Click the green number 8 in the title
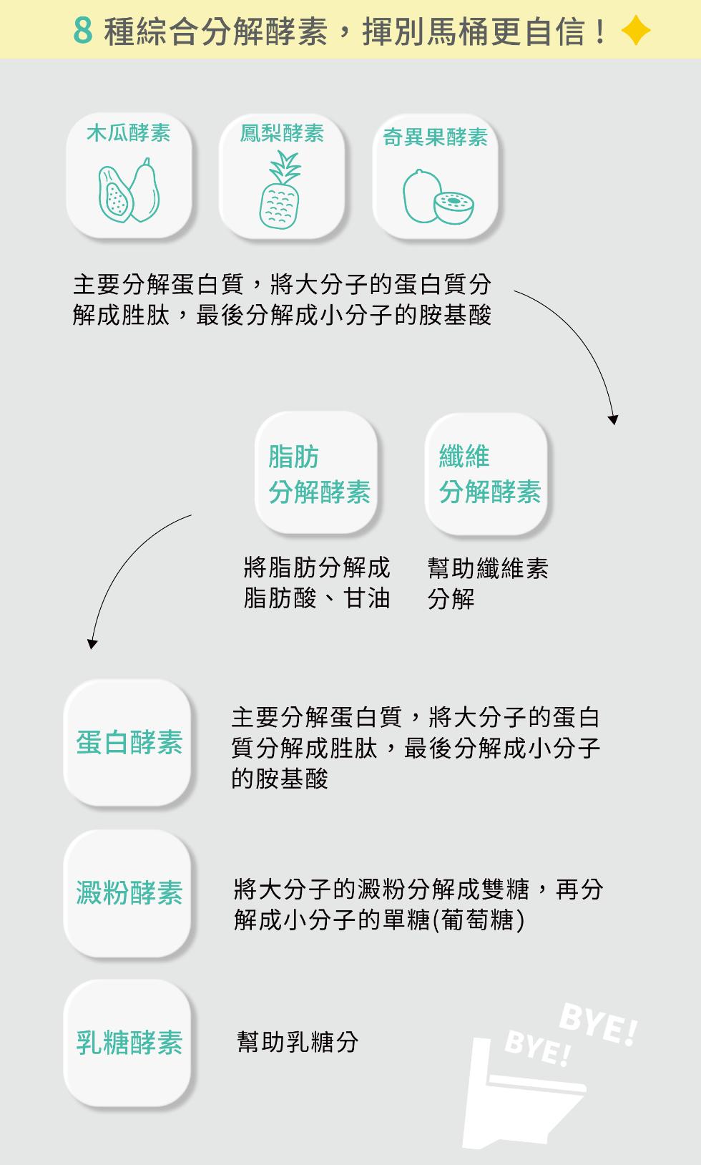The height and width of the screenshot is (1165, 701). pos(83,29)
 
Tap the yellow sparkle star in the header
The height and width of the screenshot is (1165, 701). pos(635,30)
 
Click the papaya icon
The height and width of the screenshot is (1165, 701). pos(129,190)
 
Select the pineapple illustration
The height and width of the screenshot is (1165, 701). pos(280,190)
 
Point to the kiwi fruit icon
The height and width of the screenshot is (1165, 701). pos(438,197)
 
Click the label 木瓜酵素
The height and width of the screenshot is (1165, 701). pos(129,132)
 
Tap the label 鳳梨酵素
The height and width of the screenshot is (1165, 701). pos(282,132)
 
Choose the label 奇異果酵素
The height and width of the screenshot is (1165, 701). pos(436,137)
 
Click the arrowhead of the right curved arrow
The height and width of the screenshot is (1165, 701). pos(614,419)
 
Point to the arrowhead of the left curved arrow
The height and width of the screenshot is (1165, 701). pos(92,644)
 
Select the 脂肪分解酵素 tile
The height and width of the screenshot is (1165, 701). pos(316,473)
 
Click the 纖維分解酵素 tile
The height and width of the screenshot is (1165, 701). pos(486,474)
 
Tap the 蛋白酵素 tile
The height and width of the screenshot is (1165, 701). pos(127,743)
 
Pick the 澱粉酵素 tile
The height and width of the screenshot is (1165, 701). pos(127,894)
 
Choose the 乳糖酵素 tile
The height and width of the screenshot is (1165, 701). pos(127,1043)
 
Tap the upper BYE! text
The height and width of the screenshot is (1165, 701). pos(599,1025)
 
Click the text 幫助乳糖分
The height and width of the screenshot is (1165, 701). pos(298,1042)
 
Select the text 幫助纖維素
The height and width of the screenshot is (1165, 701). pos(488,568)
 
